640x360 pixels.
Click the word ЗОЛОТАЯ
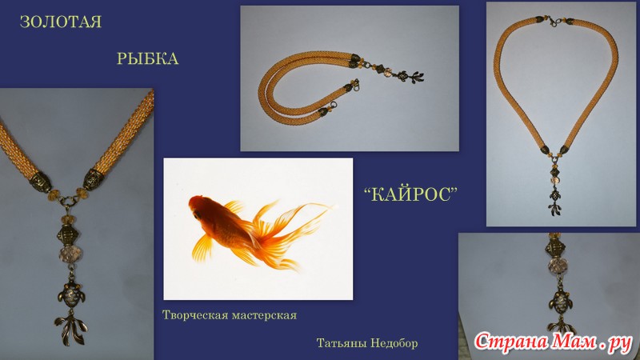(61, 22)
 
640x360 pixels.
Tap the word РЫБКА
(148, 58)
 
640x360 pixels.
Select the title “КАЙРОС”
(410, 194)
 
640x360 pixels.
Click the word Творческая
(195, 315)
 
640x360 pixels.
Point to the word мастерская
(264, 315)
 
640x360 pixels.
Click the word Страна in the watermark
(512, 342)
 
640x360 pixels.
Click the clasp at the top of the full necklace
(554, 21)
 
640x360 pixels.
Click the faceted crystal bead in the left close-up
(70, 254)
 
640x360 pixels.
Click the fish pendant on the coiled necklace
(410, 76)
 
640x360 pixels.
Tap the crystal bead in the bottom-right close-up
(556, 266)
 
